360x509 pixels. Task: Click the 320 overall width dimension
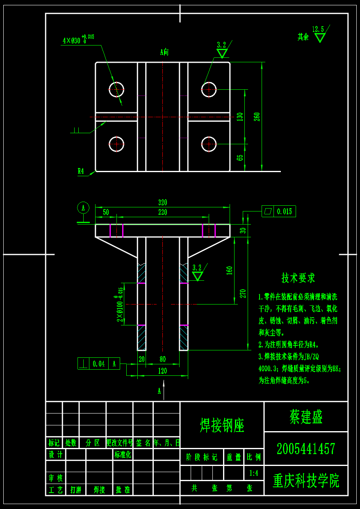pos(162,202)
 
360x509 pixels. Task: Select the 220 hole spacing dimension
pos(162,212)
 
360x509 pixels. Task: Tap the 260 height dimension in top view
pos(257,117)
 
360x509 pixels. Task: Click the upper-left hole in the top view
pos(116,89)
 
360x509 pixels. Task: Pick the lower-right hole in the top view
pos(209,144)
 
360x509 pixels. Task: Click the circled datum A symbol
pos(83,208)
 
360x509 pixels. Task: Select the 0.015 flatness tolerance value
pos(285,211)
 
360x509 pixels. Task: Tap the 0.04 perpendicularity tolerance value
pos(98,364)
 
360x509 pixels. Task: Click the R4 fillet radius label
pos(81,171)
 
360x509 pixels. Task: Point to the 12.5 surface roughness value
pos(318,29)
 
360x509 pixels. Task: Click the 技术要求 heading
pos(298,278)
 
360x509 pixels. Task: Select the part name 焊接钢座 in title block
pos(222,425)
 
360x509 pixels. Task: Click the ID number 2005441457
pos(306,449)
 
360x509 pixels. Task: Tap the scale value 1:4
pos(254,473)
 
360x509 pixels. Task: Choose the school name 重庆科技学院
pos(306,481)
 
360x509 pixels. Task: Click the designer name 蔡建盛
pos(306,417)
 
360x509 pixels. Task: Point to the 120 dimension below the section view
pos(162,371)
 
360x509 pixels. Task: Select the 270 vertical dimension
pos(243,293)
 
